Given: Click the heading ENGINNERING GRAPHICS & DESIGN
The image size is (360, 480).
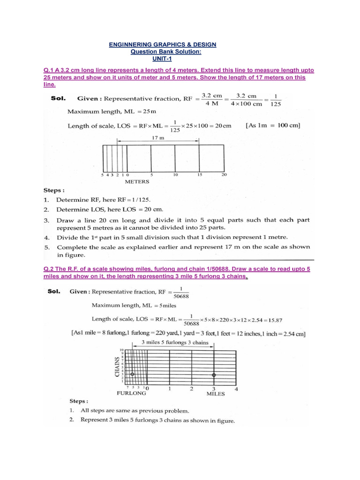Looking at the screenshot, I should click(163, 45).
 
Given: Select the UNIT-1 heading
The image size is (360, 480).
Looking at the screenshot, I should click(163, 59).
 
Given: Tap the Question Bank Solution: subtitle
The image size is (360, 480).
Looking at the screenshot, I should click(163, 52).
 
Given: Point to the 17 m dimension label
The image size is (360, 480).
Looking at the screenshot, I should click(158, 138).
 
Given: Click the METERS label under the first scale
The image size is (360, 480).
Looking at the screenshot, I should click(137, 181).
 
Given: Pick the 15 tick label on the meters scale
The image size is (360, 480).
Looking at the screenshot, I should click(199, 175).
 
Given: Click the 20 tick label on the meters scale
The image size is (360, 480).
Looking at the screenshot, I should click(224, 175).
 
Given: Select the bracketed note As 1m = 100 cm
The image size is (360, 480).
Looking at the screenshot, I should click(273, 125).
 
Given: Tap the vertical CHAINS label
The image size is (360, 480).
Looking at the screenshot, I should click(117, 366).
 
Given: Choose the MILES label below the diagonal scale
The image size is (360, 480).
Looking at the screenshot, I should click(216, 394).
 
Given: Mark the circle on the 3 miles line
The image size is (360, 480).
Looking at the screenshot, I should click(214, 375).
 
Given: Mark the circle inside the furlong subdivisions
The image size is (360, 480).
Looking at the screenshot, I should click(132, 375).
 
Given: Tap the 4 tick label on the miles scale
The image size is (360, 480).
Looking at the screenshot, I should click(236, 389).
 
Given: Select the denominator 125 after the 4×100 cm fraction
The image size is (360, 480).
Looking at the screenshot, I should click(276, 104).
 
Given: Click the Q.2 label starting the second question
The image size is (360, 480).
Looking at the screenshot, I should click(48, 270).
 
